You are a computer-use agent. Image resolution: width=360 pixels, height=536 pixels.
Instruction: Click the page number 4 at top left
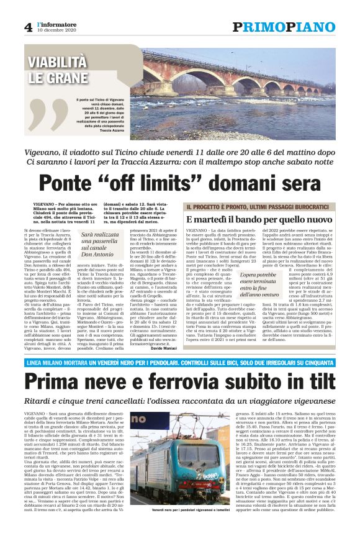(28, 27)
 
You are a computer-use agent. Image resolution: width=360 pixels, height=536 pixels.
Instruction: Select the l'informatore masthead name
(58, 24)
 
